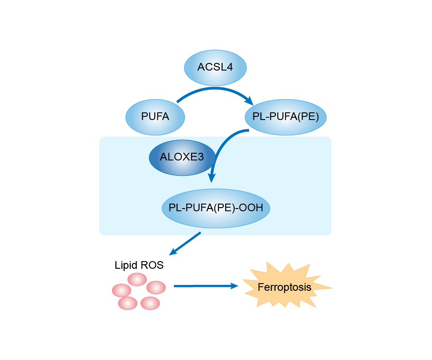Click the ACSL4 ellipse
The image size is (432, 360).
click(215, 67)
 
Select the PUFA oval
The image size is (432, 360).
click(155, 117)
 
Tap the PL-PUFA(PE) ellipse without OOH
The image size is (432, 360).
click(285, 117)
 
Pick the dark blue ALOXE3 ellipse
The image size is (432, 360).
click(182, 157)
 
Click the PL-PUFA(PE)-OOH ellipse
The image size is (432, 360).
click(215, 208)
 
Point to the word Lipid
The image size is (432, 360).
click(126, 265)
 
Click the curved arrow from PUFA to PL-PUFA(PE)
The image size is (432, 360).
click(216, 89)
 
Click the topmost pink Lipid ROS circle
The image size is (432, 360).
click(137, 279)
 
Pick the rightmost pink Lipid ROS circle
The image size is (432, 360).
click(156, 287)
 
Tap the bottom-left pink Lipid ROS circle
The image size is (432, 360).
click(128, 303)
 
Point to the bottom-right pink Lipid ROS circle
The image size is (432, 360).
click(150, 303)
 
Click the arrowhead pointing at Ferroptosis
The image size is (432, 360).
click(233, 285)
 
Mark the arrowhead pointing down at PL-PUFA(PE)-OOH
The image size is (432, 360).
click(211, 178)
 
